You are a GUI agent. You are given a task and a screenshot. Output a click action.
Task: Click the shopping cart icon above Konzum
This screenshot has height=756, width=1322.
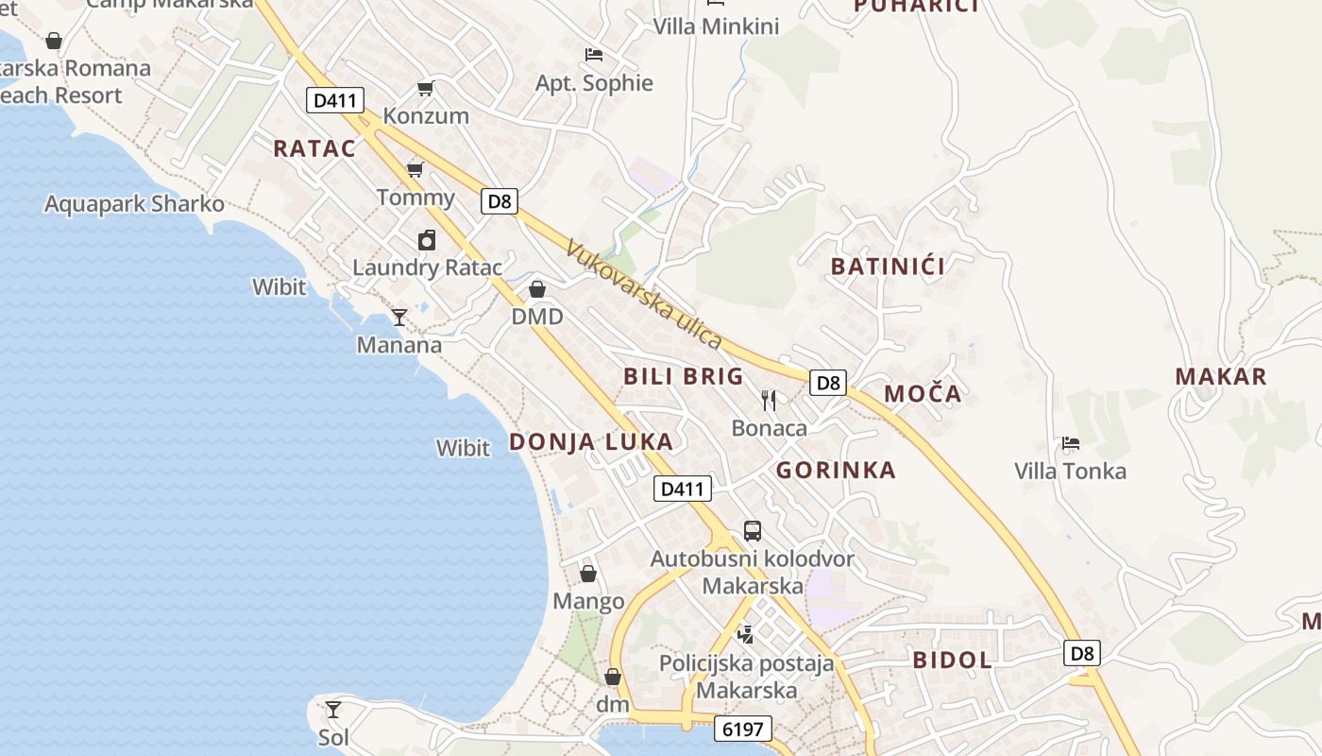425,89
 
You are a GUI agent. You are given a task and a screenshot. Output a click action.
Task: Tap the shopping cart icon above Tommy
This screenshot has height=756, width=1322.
415,170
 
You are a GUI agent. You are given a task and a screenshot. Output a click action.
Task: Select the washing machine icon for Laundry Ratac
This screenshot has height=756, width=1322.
427,240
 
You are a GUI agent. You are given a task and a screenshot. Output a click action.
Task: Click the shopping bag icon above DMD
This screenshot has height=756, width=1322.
537,288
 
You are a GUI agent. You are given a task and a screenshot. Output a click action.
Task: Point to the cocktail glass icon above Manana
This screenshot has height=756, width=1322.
399,318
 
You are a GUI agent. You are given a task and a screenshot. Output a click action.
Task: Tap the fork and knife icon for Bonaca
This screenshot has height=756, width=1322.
769,401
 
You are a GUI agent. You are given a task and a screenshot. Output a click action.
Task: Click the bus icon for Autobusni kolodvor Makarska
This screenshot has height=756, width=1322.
753,531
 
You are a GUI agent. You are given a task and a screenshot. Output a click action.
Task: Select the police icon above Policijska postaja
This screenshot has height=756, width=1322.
746,635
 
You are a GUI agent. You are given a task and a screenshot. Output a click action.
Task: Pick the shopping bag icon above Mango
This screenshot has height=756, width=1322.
588,574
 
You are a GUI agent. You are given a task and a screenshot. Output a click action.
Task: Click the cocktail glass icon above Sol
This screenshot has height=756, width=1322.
332,710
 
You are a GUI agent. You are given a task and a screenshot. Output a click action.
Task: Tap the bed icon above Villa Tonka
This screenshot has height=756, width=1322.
1070,442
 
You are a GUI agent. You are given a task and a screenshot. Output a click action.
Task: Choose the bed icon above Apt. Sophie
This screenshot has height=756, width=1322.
594,55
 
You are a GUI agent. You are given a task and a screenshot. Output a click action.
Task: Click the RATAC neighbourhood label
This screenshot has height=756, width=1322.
314,148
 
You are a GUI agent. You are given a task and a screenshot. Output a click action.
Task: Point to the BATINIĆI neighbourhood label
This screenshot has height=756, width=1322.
888,266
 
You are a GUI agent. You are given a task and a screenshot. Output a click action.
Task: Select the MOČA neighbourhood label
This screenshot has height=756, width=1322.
923,394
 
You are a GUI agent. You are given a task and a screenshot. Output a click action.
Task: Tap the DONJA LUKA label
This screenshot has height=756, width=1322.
591,441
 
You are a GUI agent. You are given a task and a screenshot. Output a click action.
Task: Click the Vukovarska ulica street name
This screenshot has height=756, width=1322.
644,294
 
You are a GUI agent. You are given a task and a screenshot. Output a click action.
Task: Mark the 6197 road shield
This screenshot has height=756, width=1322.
743,729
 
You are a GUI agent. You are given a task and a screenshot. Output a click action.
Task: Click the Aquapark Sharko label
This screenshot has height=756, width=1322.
134,204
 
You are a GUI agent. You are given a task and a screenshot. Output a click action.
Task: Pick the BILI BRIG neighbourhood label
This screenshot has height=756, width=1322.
684,376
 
